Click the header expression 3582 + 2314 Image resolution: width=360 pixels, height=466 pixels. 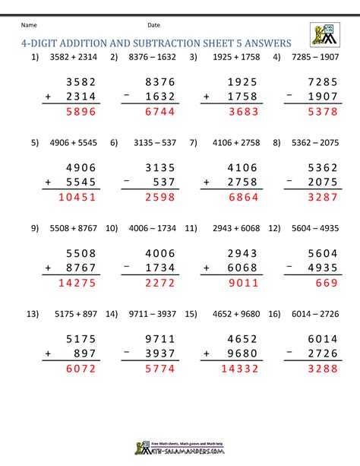tap(73, 58)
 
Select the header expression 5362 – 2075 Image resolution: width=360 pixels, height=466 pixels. tap(313, 141)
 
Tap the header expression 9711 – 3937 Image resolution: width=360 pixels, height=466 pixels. tap(156, 314)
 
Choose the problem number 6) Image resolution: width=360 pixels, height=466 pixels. tap(115, 141)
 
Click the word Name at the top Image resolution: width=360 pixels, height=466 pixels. tap(30, 24)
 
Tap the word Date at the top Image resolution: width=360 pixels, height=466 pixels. tap(154, 24)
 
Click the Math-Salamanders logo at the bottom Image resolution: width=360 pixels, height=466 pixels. tap(179, 450)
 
